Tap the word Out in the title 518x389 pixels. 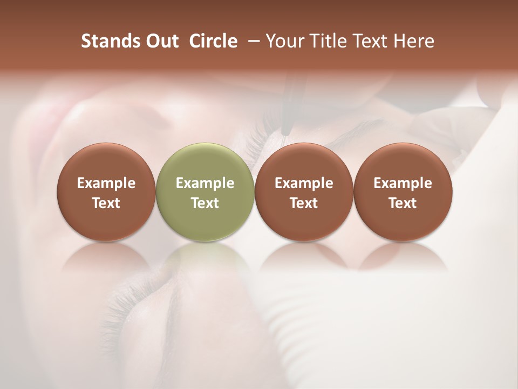161,41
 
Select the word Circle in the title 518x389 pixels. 213,41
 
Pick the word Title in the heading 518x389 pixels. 326,41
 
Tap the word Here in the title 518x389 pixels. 414,41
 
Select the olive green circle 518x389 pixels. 205,192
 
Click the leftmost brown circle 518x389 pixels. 106,192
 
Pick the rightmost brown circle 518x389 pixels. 403,192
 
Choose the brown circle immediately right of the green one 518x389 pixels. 304,192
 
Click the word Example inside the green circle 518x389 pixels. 205,183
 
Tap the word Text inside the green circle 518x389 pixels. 205,203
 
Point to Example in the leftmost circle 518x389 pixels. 106,183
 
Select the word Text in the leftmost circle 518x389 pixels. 106,203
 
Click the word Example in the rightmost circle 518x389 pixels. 403,183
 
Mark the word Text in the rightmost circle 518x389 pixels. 403,203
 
